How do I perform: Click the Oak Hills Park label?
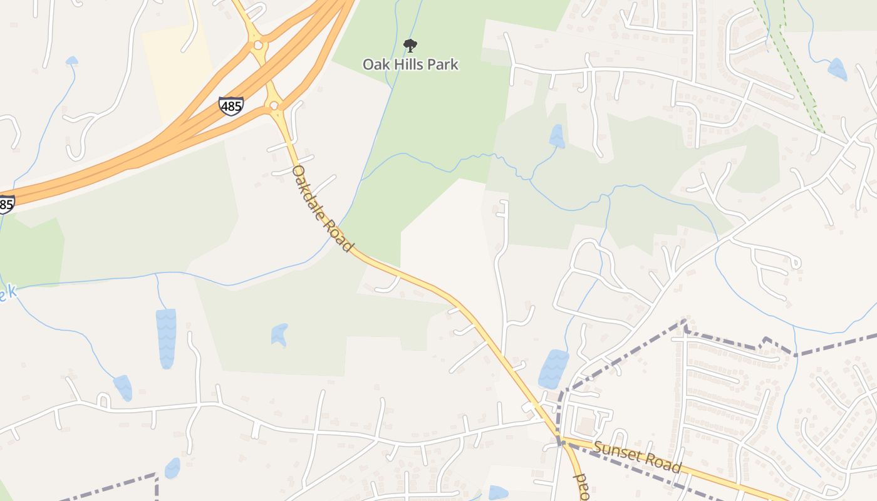411,65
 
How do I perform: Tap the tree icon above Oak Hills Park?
410,45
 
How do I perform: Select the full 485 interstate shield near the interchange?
231,106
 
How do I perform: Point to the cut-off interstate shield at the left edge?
6,204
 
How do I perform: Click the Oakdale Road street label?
322,208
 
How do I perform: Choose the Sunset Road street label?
637,457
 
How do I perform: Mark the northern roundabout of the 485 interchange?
258,45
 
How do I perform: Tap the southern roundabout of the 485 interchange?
274,105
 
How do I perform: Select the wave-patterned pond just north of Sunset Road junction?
553,369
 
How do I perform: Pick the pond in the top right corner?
837,69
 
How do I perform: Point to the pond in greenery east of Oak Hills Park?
556,136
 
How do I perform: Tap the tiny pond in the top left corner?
71,61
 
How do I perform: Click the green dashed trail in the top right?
796,69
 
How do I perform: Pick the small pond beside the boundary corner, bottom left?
172,467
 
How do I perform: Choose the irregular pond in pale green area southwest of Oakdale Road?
279,334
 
